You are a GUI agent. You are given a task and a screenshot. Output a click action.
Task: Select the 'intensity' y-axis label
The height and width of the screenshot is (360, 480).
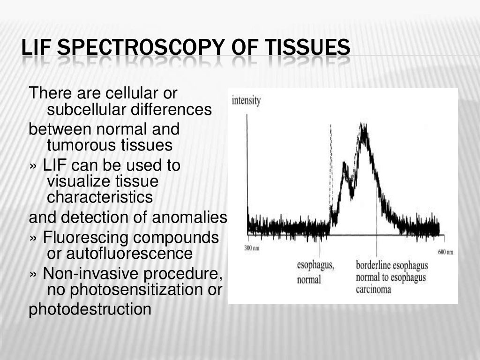tap(246, 101)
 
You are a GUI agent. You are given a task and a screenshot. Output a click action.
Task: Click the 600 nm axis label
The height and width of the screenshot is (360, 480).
tap(445, 252)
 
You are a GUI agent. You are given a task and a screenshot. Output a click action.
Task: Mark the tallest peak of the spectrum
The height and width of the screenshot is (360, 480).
tap(362, 126)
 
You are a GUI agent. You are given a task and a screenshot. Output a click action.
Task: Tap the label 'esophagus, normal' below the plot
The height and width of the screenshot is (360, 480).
tap(315, 272)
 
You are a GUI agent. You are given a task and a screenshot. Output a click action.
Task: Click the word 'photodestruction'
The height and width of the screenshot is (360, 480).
tap(90, 309)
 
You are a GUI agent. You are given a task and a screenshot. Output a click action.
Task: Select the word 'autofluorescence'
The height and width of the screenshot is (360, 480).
tap(120, 254)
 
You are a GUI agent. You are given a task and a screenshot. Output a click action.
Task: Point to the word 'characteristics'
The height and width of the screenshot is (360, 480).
tap(100, 197)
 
